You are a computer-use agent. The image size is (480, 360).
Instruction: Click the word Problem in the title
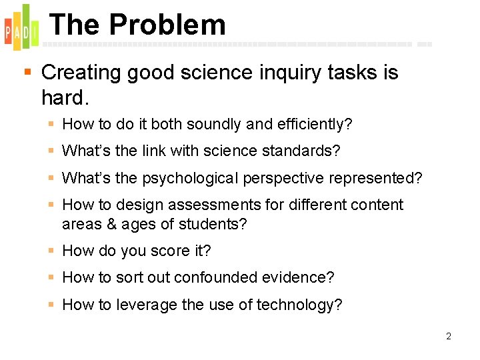(x=167, y=25)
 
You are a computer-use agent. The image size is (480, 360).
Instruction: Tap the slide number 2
(x=449, y=336)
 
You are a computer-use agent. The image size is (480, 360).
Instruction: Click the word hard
(x=64, y=97)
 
